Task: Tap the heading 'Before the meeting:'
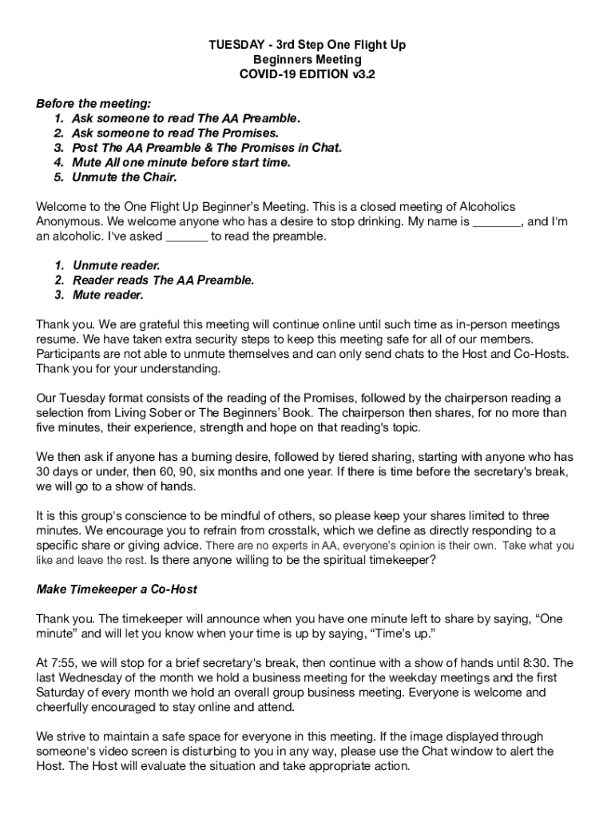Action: pos(93,104)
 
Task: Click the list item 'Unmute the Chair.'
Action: pos(124,177)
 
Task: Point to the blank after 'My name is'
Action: pos(497,221)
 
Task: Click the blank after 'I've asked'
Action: pos(187,236)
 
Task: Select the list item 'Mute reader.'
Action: pos(108,295)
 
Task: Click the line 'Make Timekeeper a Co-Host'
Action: pos(117,590)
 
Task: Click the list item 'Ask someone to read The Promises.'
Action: pos(175,133)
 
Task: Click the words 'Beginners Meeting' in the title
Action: pos(307,60)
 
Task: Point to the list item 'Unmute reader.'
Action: pos(116,265)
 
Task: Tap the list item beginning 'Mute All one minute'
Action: pos(181,162)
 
